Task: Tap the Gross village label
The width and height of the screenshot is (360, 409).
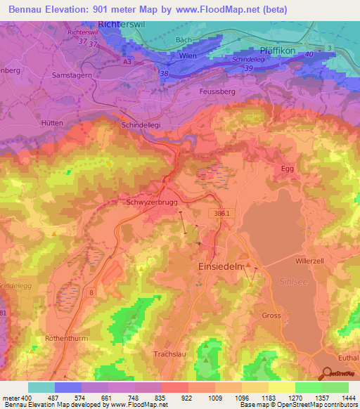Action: coord(271,316)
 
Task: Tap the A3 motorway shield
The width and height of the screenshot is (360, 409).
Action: coord(127,61)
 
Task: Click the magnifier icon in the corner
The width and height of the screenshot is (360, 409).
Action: coord(326,373)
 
